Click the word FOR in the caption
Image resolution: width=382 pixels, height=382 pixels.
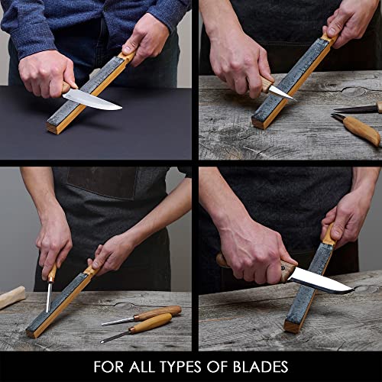(x=109, y=367)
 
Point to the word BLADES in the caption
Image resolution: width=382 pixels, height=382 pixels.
(x=261, y=367)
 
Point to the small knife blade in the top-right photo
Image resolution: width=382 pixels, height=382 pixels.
(x=281, y=92)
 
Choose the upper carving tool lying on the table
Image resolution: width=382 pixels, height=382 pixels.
(x=145, y=314)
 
